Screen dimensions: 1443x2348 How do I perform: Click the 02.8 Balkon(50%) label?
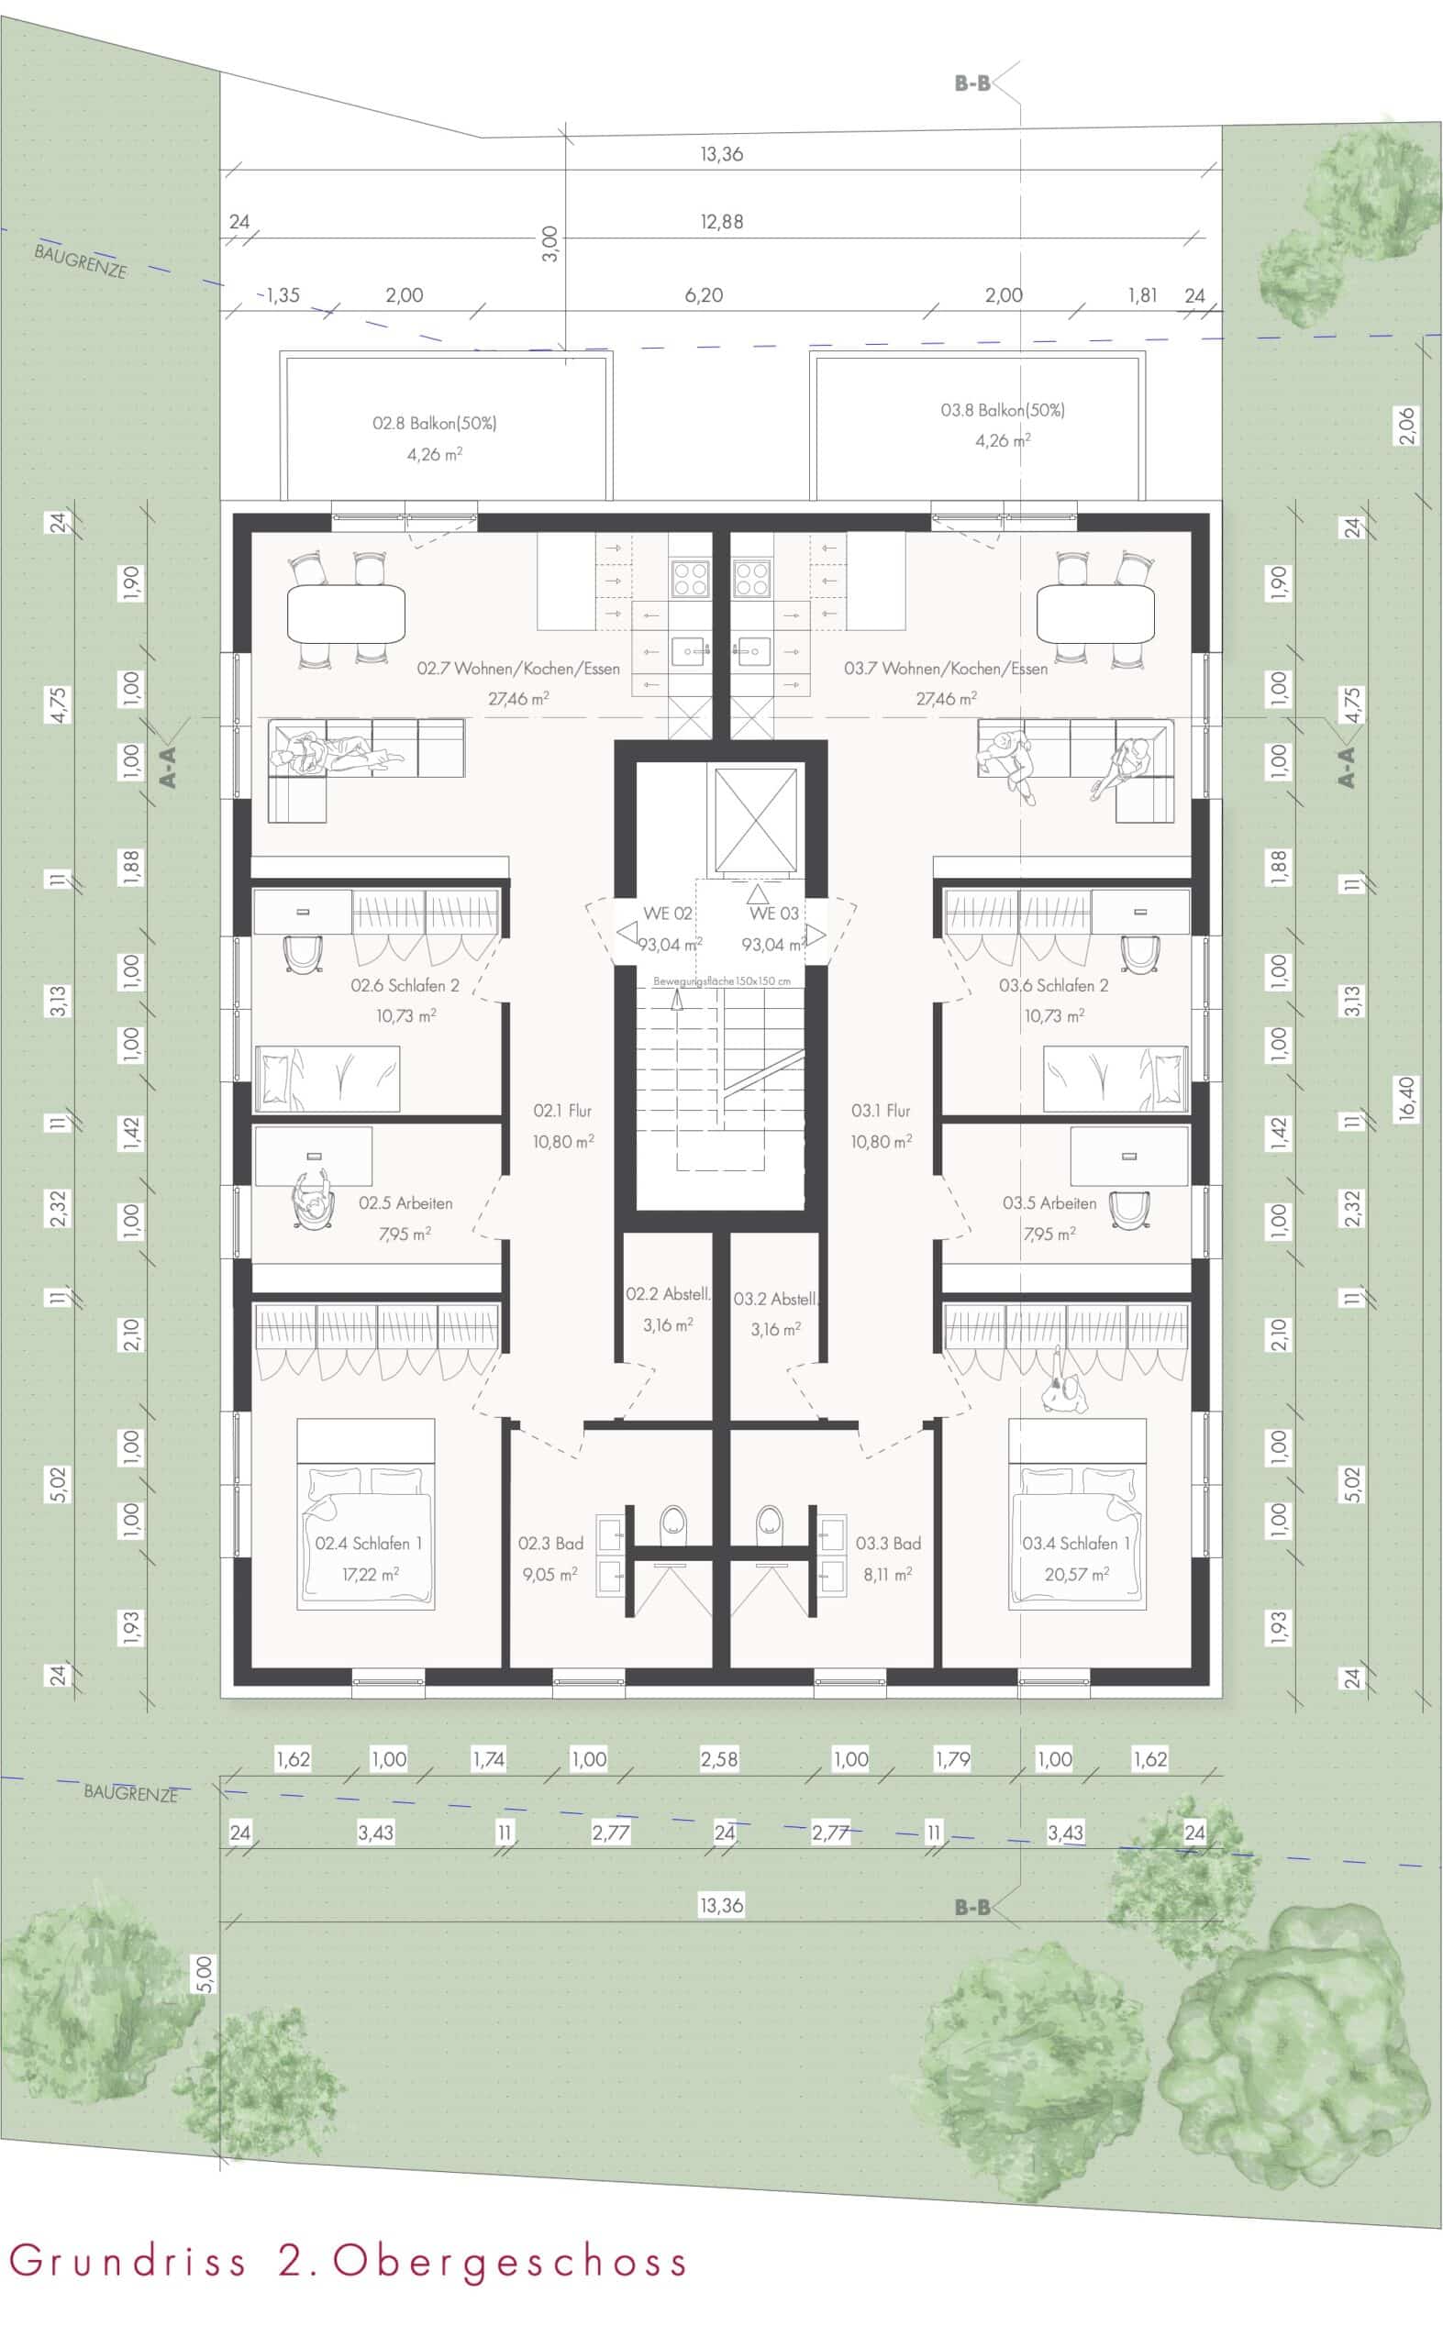tap(434, 423)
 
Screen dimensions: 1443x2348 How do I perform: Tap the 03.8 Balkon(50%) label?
tap(1002, 410)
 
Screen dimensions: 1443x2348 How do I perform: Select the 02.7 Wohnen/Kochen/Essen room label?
tap(518, 669)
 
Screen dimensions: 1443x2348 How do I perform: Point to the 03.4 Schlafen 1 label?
tap(1075, 1543)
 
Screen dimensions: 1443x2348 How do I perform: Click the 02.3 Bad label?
tap(550, 1543)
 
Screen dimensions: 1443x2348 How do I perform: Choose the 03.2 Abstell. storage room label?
tap(776, 1299)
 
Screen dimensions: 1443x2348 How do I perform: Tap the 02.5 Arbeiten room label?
tap(405, 1203)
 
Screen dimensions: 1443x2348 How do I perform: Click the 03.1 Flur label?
tap(881, 1111)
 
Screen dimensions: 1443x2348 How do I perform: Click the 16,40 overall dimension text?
tap(1404, 1099)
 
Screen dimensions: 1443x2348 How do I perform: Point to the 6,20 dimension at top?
tap(704, 295)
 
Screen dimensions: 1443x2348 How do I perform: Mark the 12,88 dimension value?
tap(721, 221)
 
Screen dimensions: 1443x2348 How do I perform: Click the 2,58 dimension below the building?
tap(718, 1758)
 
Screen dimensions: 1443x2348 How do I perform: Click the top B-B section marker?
tap(972, 84)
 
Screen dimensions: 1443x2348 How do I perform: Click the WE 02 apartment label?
tap(667, 913)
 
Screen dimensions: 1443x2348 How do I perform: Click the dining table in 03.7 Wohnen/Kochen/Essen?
tap(1095, 615)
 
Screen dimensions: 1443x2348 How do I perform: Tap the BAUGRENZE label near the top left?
tap(80, 261)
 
